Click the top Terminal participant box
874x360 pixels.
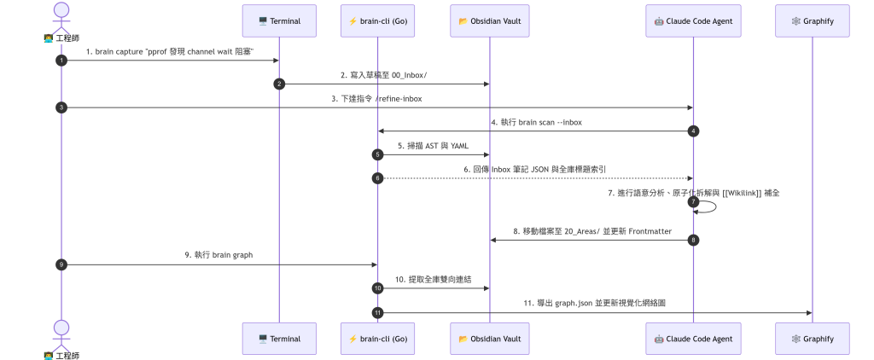pos(279,21)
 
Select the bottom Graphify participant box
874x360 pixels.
pos(813,339)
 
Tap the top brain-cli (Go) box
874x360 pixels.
pos(377,21)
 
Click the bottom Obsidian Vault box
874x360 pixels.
pos(490,339)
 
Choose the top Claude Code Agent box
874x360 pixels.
pos(693,21)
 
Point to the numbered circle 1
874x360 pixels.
pos(61,61)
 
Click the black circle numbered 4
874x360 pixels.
pos(693,131)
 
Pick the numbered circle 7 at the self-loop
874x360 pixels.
pos(693,201)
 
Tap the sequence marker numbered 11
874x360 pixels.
pos(377,312)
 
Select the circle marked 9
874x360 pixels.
pos(61,264)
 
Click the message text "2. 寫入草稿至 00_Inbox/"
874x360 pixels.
pos(384,75)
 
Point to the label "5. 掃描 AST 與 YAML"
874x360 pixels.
pos(433,146)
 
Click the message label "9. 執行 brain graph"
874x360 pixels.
pos(219,255)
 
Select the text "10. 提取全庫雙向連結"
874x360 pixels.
pos(433,279)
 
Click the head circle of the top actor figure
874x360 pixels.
pos(61,9)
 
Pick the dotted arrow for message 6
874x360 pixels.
pos(535,178)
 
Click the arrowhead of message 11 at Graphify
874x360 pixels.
pos(809,312)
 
